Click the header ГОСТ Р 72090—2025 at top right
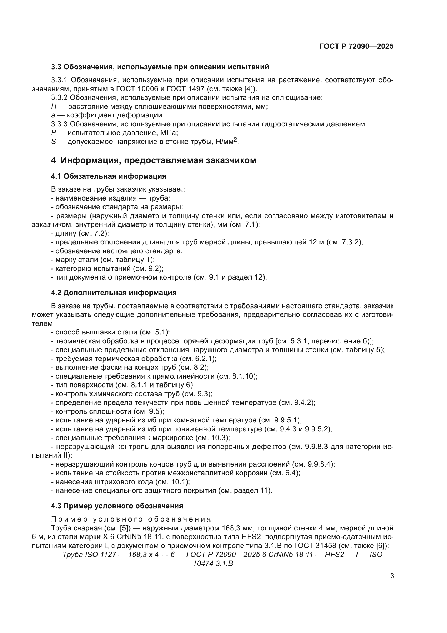356,46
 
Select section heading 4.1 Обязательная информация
108,176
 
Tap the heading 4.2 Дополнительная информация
114,293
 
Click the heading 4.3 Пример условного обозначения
117,506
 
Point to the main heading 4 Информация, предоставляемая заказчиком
153,160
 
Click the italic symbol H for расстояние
54,106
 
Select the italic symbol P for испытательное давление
54,133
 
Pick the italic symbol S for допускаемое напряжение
54,142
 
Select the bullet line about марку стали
103,260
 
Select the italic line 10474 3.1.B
213,563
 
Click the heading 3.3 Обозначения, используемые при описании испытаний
160,67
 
